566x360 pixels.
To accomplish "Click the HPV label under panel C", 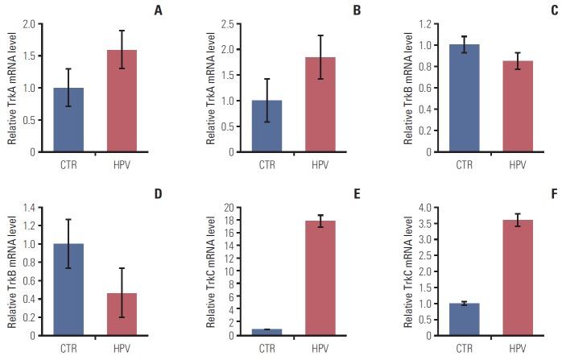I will click(517, 165).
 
